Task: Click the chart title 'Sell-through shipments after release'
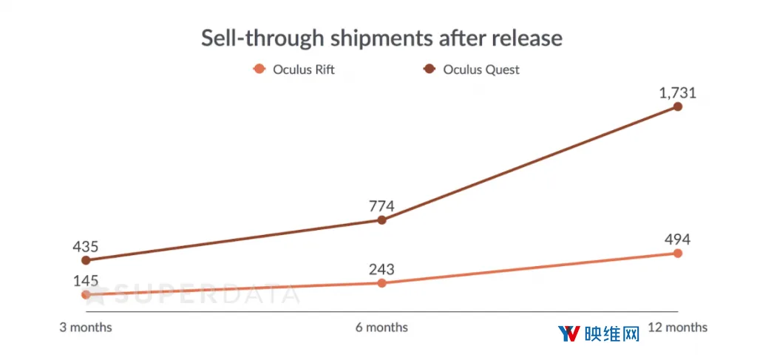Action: point(381,38)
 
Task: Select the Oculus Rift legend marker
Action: point(259,69)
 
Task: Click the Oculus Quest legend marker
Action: point(430,69)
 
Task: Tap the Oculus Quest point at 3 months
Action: point(86,261)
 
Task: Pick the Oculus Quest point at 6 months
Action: point(381,220)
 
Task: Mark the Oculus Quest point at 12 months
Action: point(677,106)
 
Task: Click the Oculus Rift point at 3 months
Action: point(86,294)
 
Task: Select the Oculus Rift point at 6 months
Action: point(381,283)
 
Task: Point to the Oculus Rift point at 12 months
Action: point(677,254)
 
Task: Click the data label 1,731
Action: point(677,92)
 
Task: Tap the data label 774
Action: point(381,206)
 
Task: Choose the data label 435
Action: point(86,247)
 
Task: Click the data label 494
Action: point(677,240)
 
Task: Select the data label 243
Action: point(381,269)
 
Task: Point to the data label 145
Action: point(86,281)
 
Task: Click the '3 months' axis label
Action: point(86,327)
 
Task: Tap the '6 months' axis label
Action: point(381,327)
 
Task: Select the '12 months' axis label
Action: point(677,327)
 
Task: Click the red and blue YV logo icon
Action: point(568,333)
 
